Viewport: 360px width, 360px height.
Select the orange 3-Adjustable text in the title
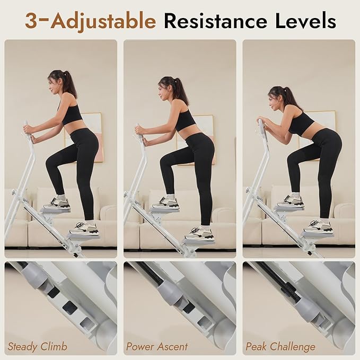[x=90, y=21]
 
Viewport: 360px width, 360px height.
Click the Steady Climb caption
[x=38, y=347]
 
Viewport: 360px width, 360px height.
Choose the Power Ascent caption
[x=157, y=347]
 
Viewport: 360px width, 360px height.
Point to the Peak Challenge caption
[x=280, y=347]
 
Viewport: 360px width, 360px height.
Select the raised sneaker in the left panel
[x=57, y=203]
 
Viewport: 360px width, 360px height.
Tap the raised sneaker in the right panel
[x=290, y=201]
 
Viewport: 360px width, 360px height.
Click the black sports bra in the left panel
[x=72, y=114]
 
